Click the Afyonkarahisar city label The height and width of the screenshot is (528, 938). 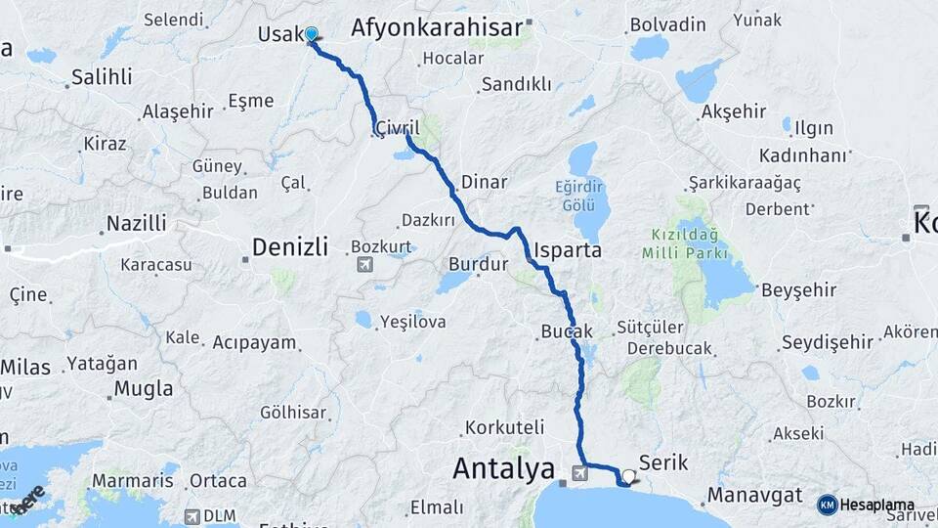[437, 27]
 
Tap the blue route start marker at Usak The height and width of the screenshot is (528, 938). [312, 35]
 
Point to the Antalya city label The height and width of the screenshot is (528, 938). [503, 469]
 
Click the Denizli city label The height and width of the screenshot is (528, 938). [289, 246]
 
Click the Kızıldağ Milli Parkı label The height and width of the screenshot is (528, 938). [685, 244]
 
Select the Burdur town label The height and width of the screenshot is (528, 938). [479, 264]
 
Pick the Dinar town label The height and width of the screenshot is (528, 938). [484, 182]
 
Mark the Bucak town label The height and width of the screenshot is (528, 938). [566, 332]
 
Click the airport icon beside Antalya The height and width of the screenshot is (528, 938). [580, 474]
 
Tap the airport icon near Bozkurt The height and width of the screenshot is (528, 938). [364, 264]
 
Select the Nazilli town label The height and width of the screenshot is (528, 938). [136, 223]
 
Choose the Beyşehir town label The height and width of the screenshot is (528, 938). [798, 289]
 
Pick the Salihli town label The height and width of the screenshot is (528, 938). [102, 77]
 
